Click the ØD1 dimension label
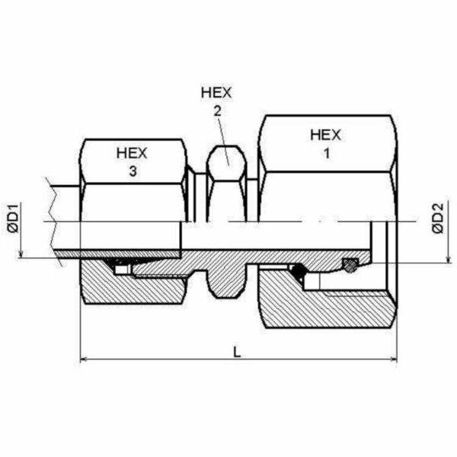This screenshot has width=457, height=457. (14, 219)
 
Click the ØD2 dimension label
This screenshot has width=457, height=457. (438, 219)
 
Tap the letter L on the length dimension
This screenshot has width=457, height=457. (237, 352)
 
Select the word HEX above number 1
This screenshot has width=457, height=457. (325, 136)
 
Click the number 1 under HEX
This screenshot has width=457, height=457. (327, 153)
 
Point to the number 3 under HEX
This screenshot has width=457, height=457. (133, 171)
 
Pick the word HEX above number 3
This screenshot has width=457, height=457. (132, 153)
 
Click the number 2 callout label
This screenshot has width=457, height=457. (217, 111)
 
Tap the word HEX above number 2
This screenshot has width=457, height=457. (216, 93)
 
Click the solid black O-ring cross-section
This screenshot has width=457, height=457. (298, 270)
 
